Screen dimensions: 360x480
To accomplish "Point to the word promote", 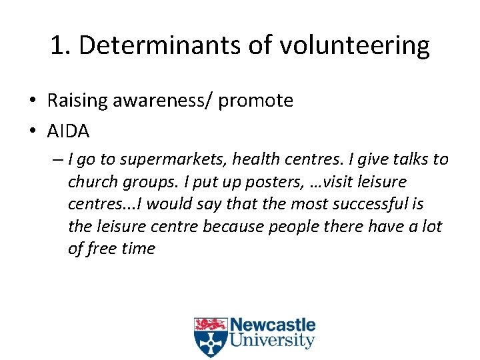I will click(x=256, y=101).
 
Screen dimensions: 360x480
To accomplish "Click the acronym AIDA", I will click(x=68, y=131).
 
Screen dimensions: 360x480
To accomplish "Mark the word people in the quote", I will click(x=294, y=227).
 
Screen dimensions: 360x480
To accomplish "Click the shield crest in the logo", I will click(x=210, y=337).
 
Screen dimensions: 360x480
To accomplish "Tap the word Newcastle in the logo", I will click(x=273, y=326).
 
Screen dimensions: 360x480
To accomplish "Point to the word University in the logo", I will click(x=273, y=341).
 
